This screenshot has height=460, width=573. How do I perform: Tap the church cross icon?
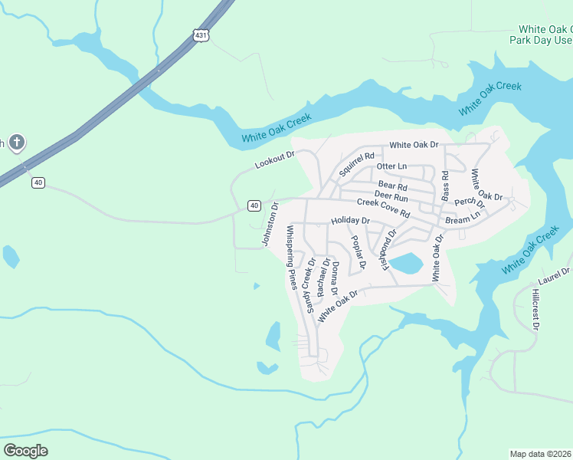click(17, 142)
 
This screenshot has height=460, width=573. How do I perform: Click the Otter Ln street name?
click(391, 166)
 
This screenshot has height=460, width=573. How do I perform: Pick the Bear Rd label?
click(393, 186)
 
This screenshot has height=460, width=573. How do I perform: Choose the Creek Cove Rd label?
click(384, 207)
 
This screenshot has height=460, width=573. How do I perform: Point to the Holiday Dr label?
click(350, 221)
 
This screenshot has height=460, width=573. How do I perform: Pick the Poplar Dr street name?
click(358, 251)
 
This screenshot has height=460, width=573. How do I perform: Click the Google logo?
click(25, 450)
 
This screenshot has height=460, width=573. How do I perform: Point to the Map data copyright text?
click(540, 454)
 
